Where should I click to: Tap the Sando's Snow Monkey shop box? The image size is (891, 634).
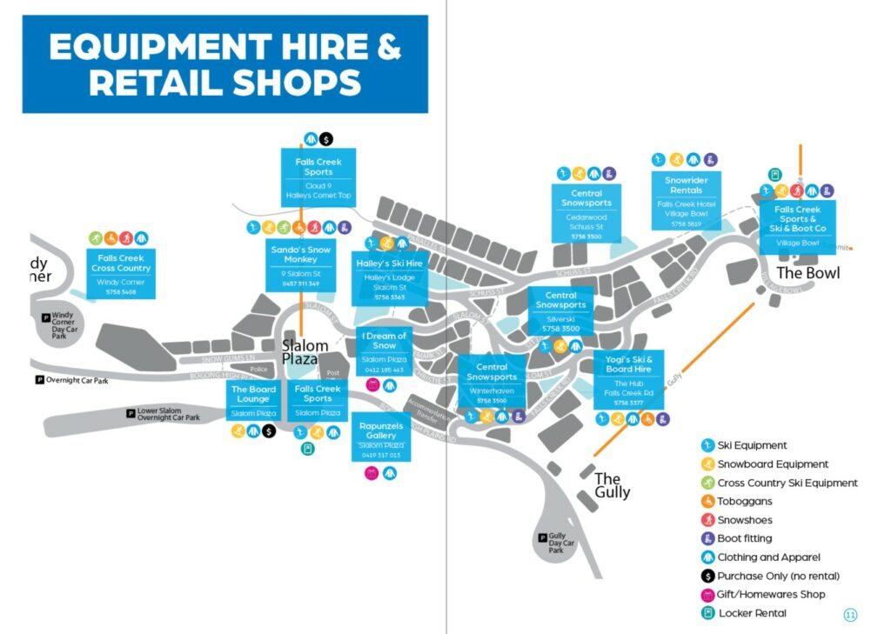[300, 264]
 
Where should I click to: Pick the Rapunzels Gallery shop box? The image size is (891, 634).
[381, 439]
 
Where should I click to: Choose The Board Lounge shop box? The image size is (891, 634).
[253, 400]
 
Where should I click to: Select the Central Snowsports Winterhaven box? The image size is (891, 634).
[492, 382]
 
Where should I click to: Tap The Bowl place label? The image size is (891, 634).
[808, 273]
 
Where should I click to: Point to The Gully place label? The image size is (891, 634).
[612, 485]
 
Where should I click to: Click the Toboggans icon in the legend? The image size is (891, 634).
[707, 502]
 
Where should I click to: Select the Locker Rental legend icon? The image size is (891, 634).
[707, 614]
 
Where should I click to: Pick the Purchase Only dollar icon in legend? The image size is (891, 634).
[707, 577]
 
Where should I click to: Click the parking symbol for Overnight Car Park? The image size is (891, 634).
[39, 380]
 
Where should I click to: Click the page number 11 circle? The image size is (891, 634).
[850, 615]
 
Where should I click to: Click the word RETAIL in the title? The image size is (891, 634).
[154, 83]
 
